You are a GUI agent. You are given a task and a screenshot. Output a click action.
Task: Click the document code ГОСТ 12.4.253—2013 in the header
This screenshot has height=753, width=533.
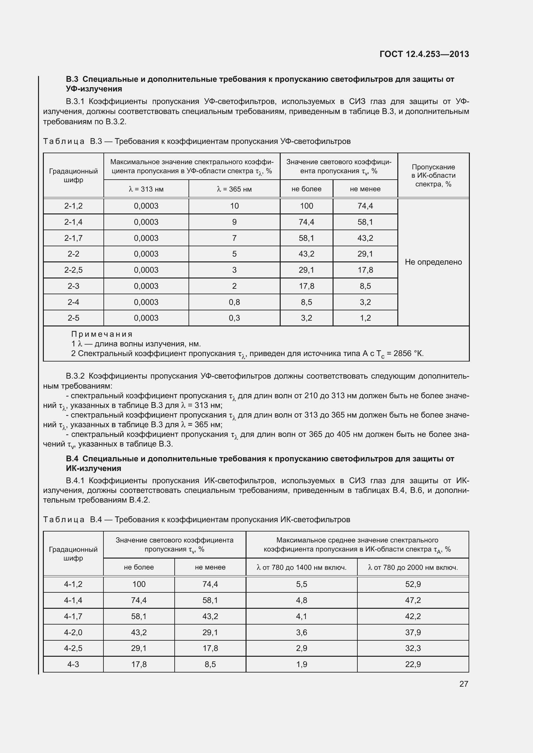click(x=424, y=54)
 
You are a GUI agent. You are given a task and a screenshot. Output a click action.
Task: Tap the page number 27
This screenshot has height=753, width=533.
click(x=463, y=684)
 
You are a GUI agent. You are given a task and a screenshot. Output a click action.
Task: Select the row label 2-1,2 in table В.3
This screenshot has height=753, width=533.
click(x=73, y=206)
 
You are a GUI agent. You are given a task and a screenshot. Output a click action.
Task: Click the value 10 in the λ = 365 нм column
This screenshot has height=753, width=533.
click(x=234, y=206)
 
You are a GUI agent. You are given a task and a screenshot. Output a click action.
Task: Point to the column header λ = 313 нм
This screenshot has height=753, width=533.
click(x=146, y=189)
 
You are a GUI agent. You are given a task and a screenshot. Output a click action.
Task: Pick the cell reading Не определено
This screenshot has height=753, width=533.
click(x=433, y=262)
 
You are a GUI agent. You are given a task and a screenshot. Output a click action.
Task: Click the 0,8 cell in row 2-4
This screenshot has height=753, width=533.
click(x=234, y=302)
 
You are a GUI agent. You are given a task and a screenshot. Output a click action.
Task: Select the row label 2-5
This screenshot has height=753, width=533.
click(x=73, y=318)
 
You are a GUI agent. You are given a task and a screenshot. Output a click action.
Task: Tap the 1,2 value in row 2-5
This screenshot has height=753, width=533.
click(x=365, y=318)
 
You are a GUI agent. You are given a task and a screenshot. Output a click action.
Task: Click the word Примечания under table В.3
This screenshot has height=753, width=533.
click(x=102, y=334)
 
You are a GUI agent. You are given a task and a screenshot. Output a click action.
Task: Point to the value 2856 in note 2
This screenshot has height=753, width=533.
click(x=402, y=353)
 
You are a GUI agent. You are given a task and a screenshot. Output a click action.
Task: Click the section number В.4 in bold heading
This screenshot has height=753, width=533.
click(x=72, y=459)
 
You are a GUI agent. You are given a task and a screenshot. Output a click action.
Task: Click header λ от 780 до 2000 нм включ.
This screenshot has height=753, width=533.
click(x=412, y=567)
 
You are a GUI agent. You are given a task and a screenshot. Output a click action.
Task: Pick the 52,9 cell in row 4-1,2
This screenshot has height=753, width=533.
click(x=412, y=584)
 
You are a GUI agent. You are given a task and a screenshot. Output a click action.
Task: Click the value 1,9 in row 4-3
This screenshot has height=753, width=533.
click(x=301, y=664)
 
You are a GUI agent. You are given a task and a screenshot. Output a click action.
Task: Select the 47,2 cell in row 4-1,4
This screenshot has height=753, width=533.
click(x=412, y=600)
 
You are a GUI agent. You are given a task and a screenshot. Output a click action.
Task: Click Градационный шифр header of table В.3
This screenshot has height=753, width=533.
click(x=73, y=175)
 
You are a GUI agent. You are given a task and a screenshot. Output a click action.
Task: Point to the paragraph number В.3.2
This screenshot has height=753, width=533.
click(x=75, y=376)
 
